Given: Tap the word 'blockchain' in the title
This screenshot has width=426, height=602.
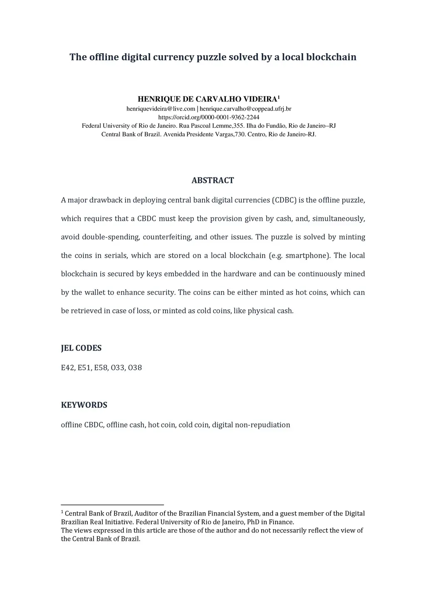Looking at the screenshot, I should point(331,57).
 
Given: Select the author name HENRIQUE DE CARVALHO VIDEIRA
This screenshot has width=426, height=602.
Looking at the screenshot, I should point(207,99).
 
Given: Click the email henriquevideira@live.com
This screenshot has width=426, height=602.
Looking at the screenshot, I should point(161,109).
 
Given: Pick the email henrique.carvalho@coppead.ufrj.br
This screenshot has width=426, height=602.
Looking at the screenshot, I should point(245,109).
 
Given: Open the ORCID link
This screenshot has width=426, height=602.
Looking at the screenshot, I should point(209,117).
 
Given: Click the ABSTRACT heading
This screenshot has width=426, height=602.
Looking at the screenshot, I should point(213,180).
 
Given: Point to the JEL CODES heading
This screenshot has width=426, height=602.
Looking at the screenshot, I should point(81,348).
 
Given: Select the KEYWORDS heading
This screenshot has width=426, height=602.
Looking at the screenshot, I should point(84,405).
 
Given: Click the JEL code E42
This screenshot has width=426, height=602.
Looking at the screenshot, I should point(67,368).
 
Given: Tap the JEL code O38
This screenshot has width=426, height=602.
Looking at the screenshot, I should point(135,368).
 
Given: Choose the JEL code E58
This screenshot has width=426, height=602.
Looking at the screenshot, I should point(101,368).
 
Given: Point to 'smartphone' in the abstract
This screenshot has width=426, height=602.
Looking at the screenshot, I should point(308,256).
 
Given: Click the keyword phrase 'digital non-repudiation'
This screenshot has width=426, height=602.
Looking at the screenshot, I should point(251,425).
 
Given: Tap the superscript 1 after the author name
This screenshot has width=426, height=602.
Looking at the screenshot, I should point(279,97).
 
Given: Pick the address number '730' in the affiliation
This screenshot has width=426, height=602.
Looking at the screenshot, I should point(240,134).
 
